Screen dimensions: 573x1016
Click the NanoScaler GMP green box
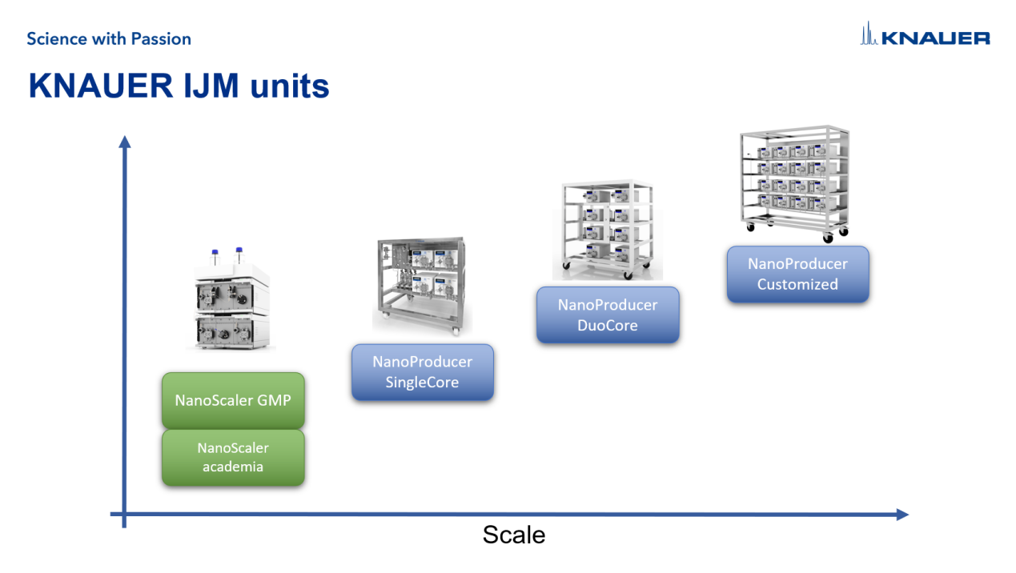coord(233,400)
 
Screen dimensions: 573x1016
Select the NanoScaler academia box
coord(233,458)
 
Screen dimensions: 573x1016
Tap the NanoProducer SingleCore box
coord(422,372)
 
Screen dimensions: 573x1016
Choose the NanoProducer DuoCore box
coord(608,315)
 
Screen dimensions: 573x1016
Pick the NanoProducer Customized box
coord(797,274)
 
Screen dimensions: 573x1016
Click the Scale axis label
coord(513,535)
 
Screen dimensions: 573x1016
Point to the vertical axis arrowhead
coord(124,142)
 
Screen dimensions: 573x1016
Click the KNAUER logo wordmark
coord(936,38)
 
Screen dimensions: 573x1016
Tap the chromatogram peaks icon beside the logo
coord(869,34)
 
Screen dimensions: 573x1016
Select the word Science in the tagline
coord(55,38)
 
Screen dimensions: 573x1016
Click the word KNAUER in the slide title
coord(96,86)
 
